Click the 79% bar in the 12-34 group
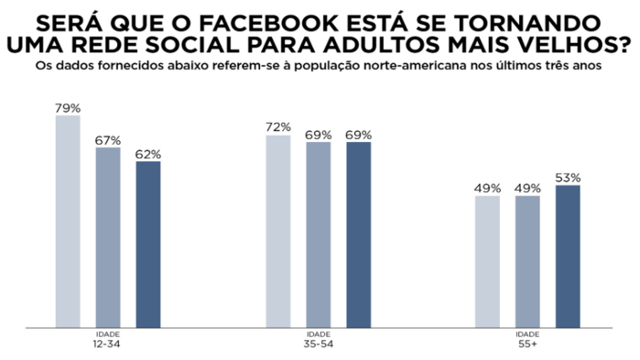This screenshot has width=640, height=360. (68, 220)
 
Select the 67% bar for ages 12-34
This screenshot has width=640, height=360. (108, 236)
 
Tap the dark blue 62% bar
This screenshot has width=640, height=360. (148, 244)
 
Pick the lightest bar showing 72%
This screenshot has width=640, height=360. (278, 230)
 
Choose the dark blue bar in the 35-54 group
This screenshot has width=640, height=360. (358, 234)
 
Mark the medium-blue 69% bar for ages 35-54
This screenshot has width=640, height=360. (319, 234)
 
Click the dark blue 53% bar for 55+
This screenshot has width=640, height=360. (568, 256)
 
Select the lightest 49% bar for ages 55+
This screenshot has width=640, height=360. (488, 261)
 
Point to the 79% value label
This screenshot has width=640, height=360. (68, 108)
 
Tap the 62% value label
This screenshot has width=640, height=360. (148, 154)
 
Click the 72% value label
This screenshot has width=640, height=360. (278, 126)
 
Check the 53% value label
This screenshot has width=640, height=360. (568, 178)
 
